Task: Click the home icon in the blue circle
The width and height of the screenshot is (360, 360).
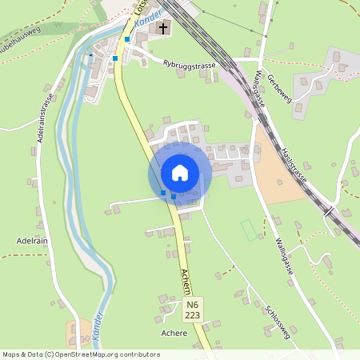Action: pos(180,173)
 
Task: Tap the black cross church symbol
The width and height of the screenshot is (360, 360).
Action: pos(163,30)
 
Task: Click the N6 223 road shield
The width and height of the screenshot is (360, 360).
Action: pos(192,310)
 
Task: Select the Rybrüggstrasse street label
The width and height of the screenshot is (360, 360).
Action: pos(189,64)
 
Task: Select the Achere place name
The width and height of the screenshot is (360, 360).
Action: pos(174,332)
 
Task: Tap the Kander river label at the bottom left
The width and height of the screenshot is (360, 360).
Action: pos(98,326)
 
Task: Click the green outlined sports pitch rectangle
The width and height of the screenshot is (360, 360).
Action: pos(250,230)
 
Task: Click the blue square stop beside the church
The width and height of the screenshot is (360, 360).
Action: pos(127,38)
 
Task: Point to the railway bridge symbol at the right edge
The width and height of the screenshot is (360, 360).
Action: pos(330,212)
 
